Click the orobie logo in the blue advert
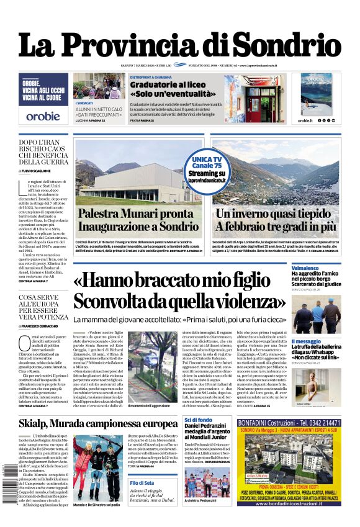[x=43, y=115]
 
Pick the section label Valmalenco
[x=305, y=269]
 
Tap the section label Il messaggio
[x=307, y=341]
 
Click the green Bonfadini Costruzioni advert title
[x=288, y=423]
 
